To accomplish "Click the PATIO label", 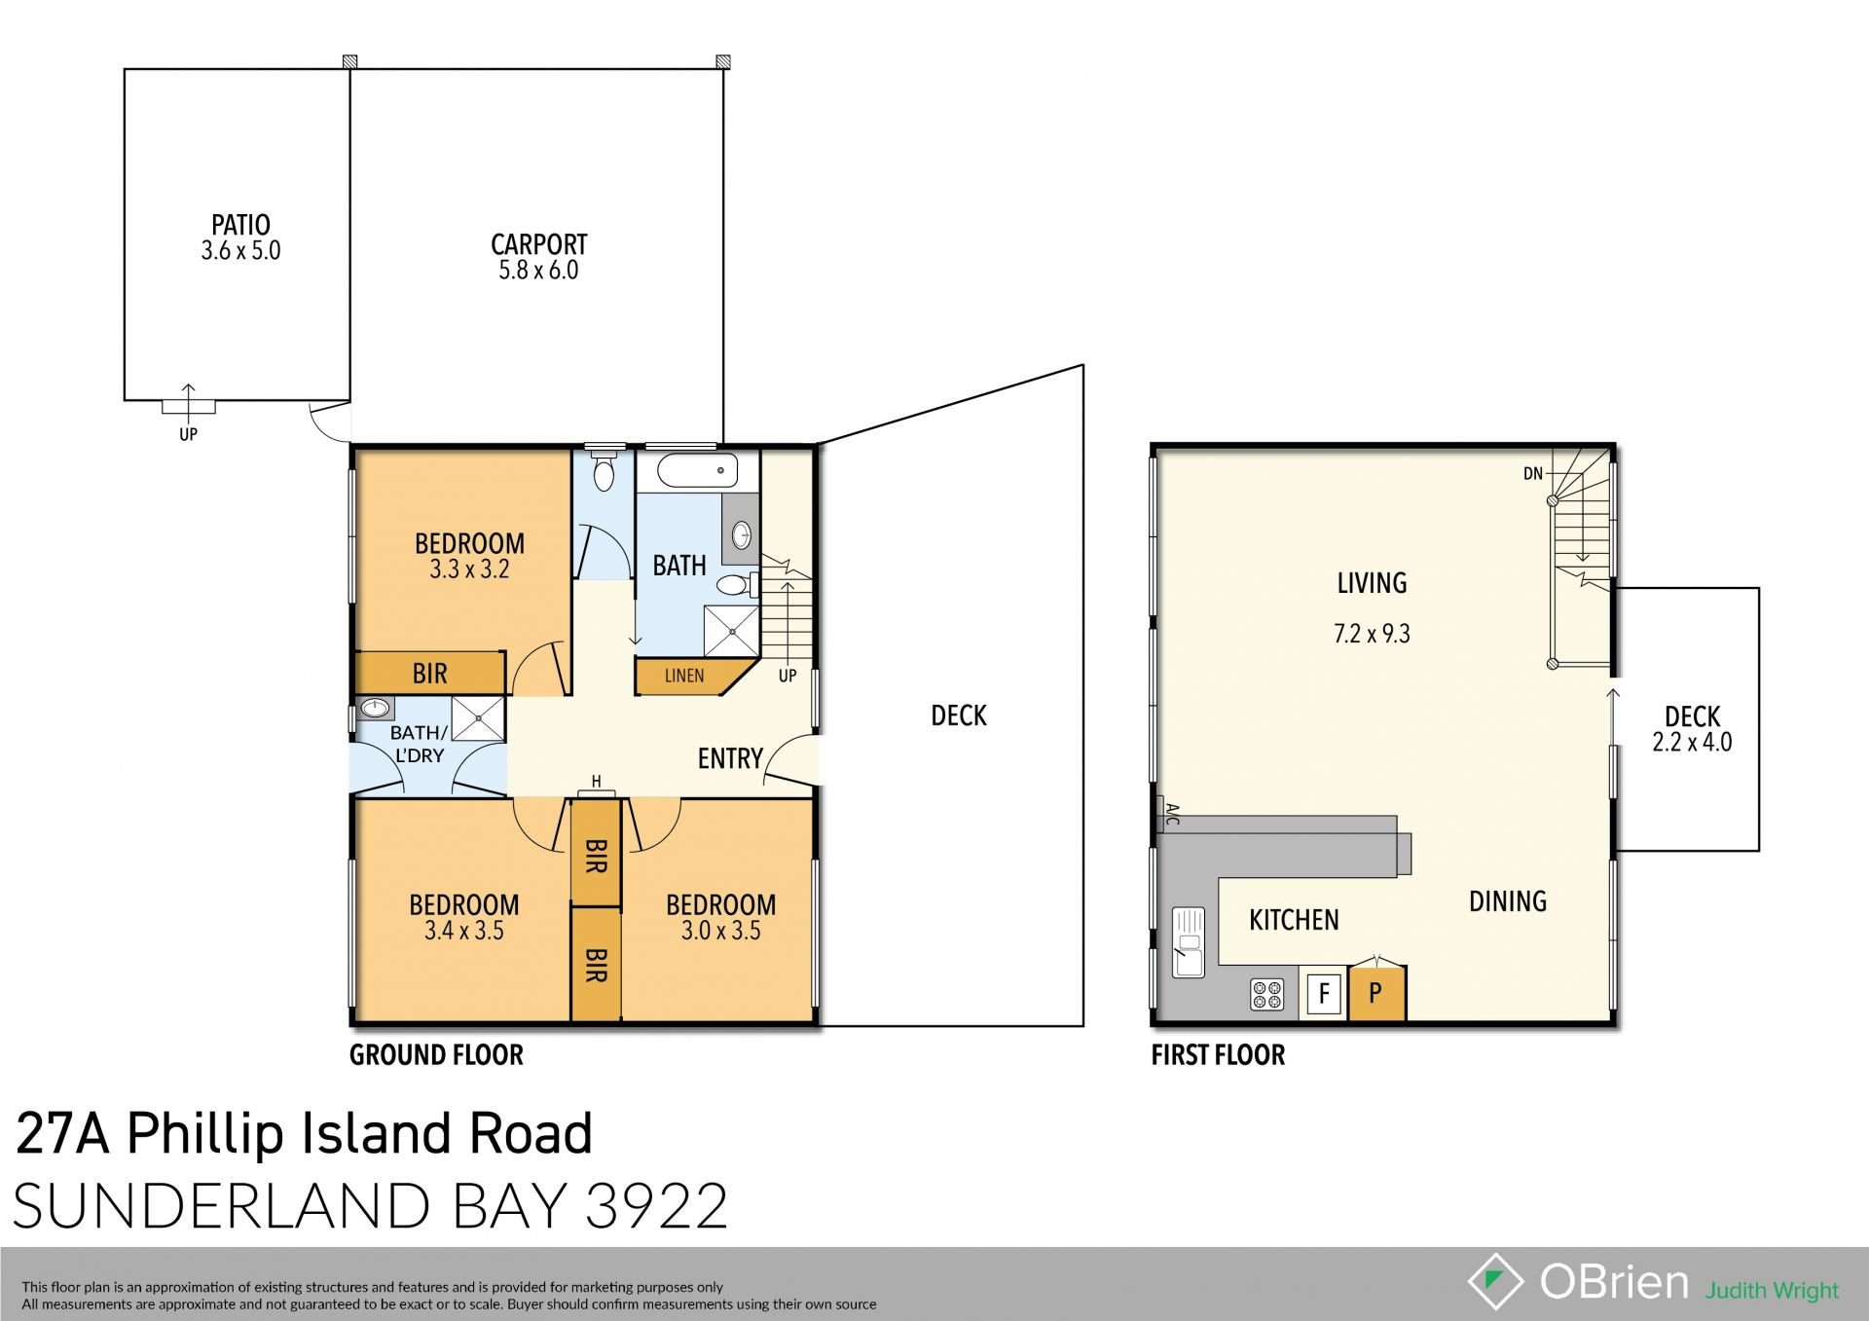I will click(x=240, y=225).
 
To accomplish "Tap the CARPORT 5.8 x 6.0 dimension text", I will click(x=538, y=271).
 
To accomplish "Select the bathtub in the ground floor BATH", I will click(x=698, y=471).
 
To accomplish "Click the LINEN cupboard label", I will click(x=684, y=676).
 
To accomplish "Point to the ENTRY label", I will click(x=730, y=758).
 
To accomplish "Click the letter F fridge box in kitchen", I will click(x=1324, y=994).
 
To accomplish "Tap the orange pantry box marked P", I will click(x=1375, y=994).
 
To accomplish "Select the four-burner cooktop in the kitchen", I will click(x=1266, y=995).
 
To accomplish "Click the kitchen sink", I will click(x=1189, y=941).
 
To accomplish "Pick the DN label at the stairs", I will click(x=1532, y=474).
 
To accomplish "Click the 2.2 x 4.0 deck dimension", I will click(x=1692, y=743).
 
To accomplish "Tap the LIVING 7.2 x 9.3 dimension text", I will click(x=1372, y=635).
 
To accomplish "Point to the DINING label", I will click(x=1507, y=901).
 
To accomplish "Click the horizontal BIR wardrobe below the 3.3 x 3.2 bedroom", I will click(x=429, y=673).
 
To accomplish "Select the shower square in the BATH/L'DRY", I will click(x=478, y=718).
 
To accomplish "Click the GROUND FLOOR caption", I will click(x=436, y=1055).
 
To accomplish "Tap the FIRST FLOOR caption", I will click(x=1218, y=1055).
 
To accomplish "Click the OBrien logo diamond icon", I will click(x=1495, y=1281).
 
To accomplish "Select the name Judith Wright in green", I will click(x=1772, y=1291).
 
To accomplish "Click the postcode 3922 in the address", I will click(x=657, y=1207).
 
